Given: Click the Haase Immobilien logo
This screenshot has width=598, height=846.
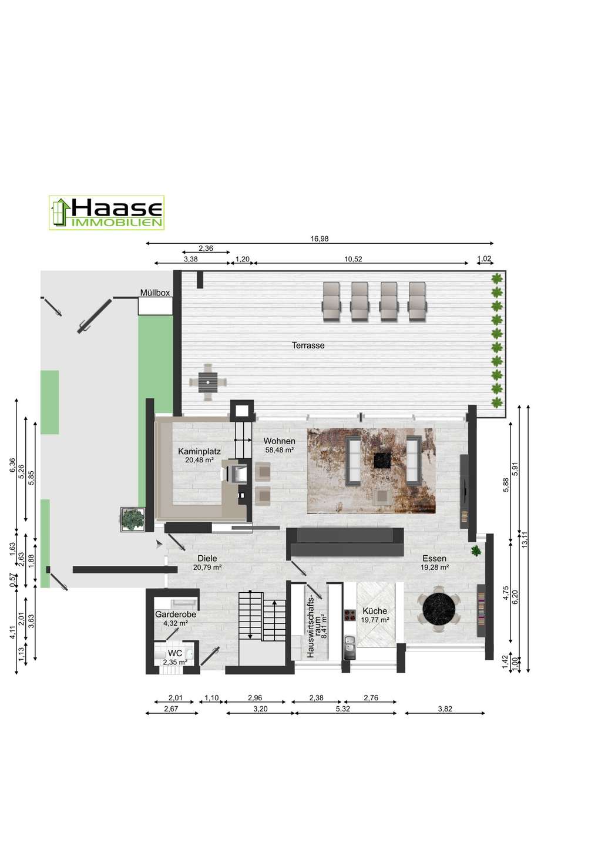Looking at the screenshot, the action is click(106, 213).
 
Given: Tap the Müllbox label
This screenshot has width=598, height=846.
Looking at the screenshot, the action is click(154, 293).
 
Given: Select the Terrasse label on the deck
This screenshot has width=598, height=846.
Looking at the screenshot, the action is click(308, 345).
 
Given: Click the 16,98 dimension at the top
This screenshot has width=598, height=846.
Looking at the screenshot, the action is click(320, 239).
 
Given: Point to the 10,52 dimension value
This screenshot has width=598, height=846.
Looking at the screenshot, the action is click(353, 259).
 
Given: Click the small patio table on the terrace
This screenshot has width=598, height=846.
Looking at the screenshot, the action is click(208, 382).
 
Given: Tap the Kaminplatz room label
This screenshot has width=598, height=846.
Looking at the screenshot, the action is click(199, 451).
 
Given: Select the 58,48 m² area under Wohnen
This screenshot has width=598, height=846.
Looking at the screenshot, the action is click(280, 450).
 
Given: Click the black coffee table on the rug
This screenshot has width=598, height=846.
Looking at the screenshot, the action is click(382, 461).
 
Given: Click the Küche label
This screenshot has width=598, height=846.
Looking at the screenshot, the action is click(375, 611).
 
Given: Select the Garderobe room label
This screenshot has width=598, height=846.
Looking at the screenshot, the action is click(176, 615).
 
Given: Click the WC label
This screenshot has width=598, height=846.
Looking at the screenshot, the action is click(175, 653).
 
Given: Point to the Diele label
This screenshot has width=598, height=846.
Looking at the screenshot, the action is click(207, 558).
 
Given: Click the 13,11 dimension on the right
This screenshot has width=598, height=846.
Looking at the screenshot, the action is click(525, 539).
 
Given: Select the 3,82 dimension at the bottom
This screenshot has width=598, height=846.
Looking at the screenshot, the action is click(445, 709).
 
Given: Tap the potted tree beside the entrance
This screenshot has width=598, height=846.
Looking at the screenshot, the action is click(133, 519).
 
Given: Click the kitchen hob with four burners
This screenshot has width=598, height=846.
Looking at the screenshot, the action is click(350, 615).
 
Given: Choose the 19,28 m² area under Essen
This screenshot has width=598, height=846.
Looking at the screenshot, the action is click(434, 567).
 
